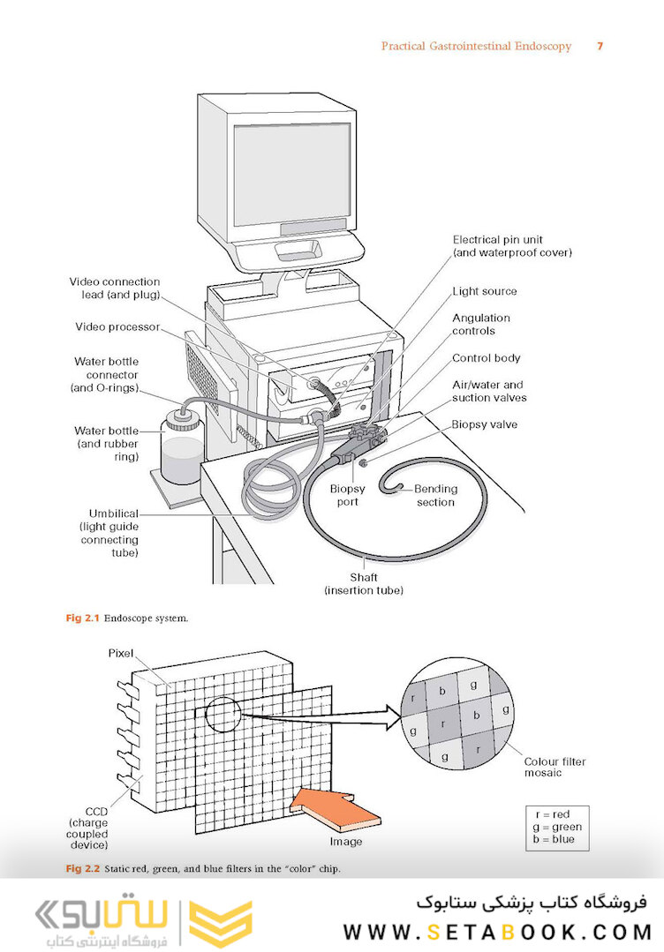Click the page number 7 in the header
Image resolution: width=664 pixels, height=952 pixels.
600,46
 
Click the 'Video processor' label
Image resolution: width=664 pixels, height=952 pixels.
117,326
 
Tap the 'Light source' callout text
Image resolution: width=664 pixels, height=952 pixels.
484,291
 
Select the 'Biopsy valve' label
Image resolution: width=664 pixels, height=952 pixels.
484,424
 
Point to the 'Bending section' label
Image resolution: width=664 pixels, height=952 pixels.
435,496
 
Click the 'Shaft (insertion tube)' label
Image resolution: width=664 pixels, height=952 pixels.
363,583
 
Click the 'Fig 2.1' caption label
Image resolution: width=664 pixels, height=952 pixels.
82,618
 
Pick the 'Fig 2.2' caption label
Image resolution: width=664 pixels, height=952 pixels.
82,869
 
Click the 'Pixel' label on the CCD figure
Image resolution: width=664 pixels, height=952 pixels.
120,653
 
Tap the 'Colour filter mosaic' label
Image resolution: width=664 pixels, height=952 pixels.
555,767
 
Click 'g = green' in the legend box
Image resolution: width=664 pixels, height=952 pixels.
557,827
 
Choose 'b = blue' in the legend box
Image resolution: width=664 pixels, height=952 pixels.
554,839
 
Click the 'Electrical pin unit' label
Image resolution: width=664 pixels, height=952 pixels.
497,240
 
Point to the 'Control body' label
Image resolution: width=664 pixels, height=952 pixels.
486,358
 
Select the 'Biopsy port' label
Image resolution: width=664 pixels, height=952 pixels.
348,496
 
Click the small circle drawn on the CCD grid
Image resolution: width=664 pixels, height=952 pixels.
223,715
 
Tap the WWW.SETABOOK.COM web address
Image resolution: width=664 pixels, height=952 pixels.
497,932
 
